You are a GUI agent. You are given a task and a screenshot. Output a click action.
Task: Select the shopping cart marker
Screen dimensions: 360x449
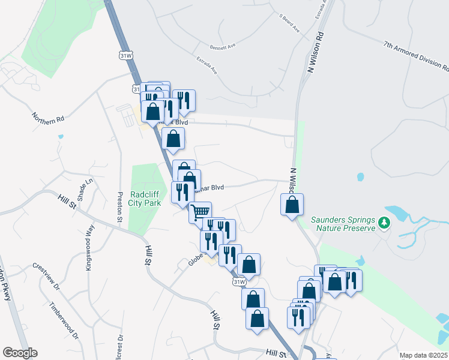(x=200, y=212)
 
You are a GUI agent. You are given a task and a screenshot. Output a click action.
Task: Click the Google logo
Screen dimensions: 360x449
(x=20, y=353)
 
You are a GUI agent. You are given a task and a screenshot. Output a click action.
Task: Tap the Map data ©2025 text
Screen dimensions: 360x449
(x=423, y=355)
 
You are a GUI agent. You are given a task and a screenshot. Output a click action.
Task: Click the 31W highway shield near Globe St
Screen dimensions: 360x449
(x=238, y=281)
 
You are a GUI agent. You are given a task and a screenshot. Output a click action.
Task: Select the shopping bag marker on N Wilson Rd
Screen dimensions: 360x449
(x=291, y=205)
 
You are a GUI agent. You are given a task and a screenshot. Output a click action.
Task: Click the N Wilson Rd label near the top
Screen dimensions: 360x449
(x=312, y=53)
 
